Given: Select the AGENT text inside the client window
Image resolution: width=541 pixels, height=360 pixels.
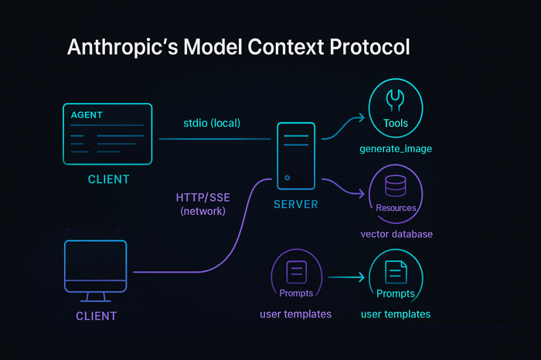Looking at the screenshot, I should click(86, 115).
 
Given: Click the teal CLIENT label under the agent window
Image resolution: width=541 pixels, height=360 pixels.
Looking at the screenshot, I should click(108, 180).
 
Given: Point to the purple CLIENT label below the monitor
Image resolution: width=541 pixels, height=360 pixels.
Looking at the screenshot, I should click(96, 316).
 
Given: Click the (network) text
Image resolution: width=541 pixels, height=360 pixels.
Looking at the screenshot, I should click(202, 211).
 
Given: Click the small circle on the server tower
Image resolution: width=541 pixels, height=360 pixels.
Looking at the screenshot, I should click(288, 178).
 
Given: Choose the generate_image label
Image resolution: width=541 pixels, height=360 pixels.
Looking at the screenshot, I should click(395, 148).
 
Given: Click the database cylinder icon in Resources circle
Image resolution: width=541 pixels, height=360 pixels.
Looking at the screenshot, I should click(396, 186).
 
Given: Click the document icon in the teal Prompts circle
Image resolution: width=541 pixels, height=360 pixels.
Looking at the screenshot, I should click(396, 271).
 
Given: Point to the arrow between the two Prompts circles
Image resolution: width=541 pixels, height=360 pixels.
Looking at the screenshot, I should click(345, 276).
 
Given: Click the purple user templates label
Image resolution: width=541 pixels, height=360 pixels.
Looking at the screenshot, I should click(296, 314).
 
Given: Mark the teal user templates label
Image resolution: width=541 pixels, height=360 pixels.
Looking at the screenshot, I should click(396, 314).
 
